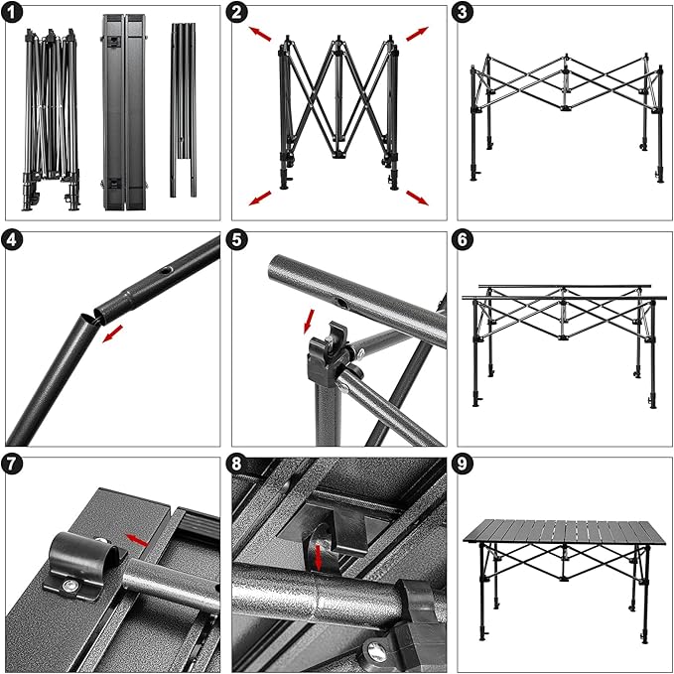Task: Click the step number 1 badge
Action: click(14, 14)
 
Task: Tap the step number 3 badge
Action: click(464, 14)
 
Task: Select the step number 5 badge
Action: click(239, 240)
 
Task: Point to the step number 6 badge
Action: click(464, 240)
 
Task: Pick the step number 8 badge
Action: click(239, 465)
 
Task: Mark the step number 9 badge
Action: click(464, 465)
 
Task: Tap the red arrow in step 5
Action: click(308, 321)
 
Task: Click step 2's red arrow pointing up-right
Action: click(417, 33)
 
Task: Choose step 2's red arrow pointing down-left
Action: click(260, 198)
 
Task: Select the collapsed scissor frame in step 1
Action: click(51, 114)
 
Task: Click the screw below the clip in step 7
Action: click(73, 589)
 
